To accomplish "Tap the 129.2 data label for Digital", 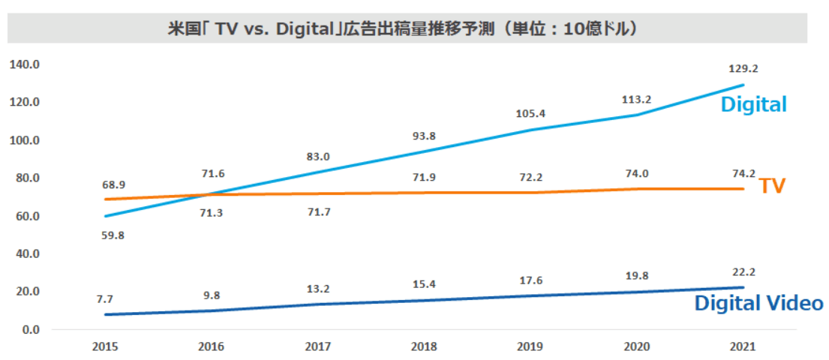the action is pyautogui.click(x=744, y=69).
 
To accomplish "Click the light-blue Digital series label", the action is pyautogui.click(x=754, y=104).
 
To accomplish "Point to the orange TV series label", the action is pyautogui.click(x=773, y=185).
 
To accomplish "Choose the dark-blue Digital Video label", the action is pyautogui.click(x=758, y=304).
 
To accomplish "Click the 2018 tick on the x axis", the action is pyautogui.click(x=424, y=347).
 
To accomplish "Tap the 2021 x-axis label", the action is pyautogui.click(x=743, y=347).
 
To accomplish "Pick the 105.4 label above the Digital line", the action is pyautogui.click(x=532, y=114).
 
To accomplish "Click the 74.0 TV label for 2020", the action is pyautogui.click(x=638, y=172).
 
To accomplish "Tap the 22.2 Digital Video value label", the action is pyautogui.click(x=744, y=272).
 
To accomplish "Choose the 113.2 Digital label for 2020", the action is pyautogui.click(x=638, y=98).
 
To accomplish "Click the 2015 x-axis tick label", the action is pyautogui.click(x=105, y=347).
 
